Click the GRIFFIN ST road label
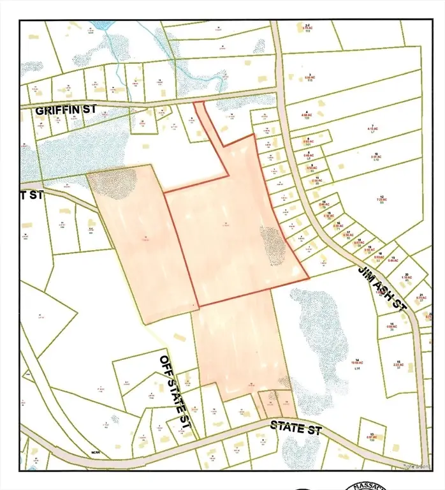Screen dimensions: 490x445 (x=66, y=110)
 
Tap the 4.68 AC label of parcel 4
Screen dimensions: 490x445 (x=307, y=115)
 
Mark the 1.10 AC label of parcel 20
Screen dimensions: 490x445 (x=406, y=279)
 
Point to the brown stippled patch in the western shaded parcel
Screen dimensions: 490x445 (x=113, y=184)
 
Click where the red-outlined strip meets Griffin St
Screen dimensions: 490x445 (x=199, y=103)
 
